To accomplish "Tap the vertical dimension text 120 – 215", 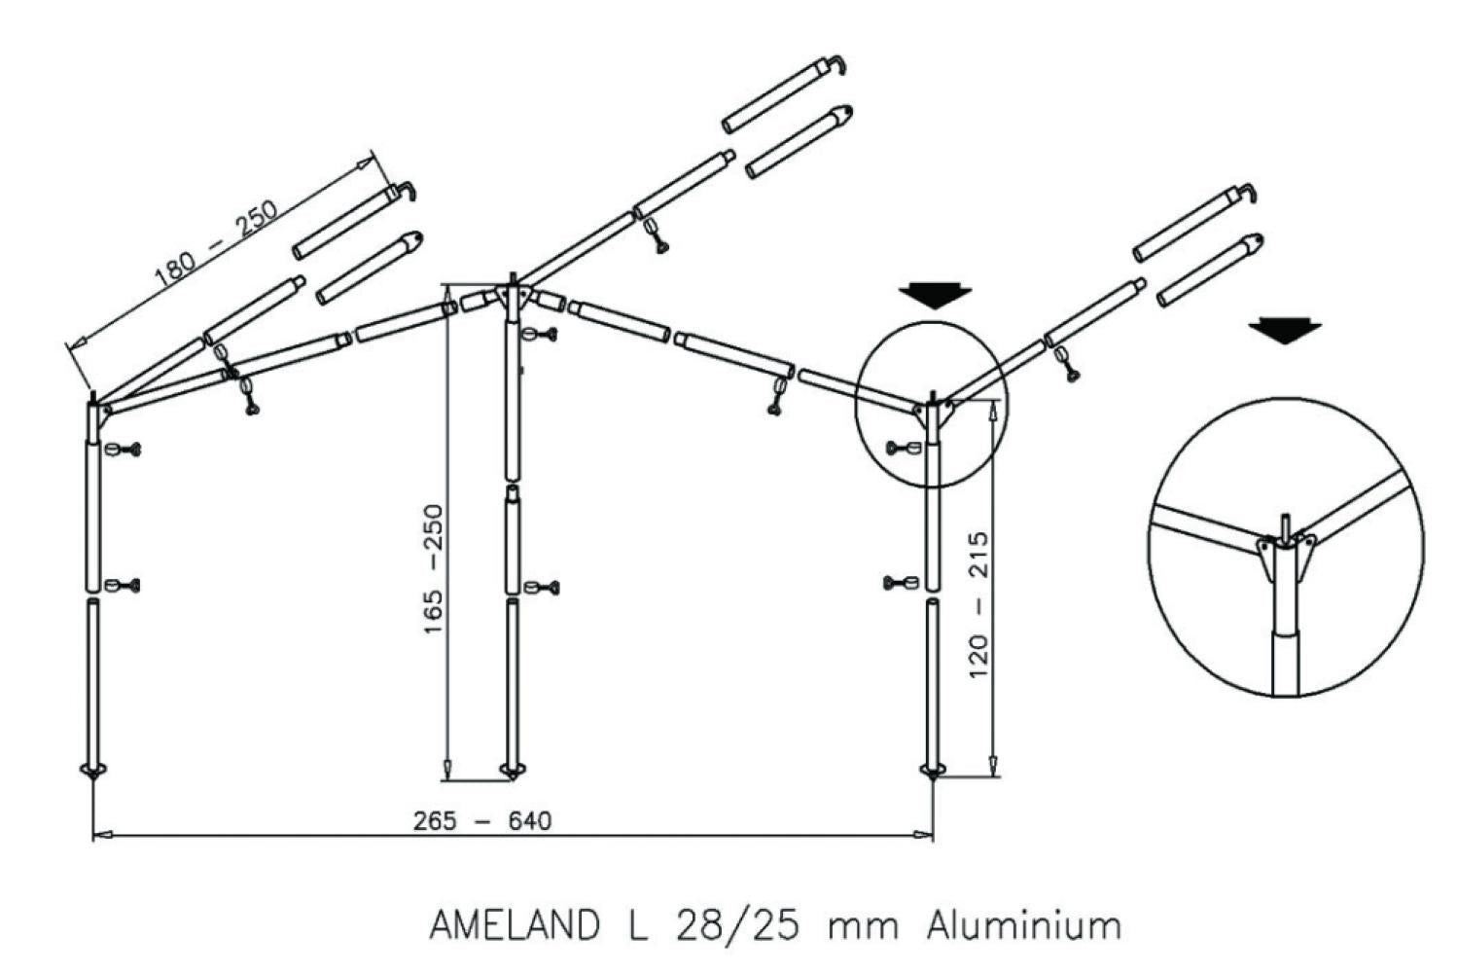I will coord(978,603).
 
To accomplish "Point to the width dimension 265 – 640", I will coord(481,821).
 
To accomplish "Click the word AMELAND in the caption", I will coord(514,924).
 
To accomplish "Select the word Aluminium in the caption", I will coord(1023,924).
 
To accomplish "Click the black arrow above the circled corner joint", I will coord(935,295).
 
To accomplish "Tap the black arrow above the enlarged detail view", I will coord(1285,331).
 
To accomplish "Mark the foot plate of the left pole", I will coord(92,772).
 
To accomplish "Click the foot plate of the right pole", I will coord(933,772).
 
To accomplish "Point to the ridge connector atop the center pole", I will coord(511,297).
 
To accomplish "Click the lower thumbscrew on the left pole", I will coord(124,586).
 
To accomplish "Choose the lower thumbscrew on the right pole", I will coord(901,584).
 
